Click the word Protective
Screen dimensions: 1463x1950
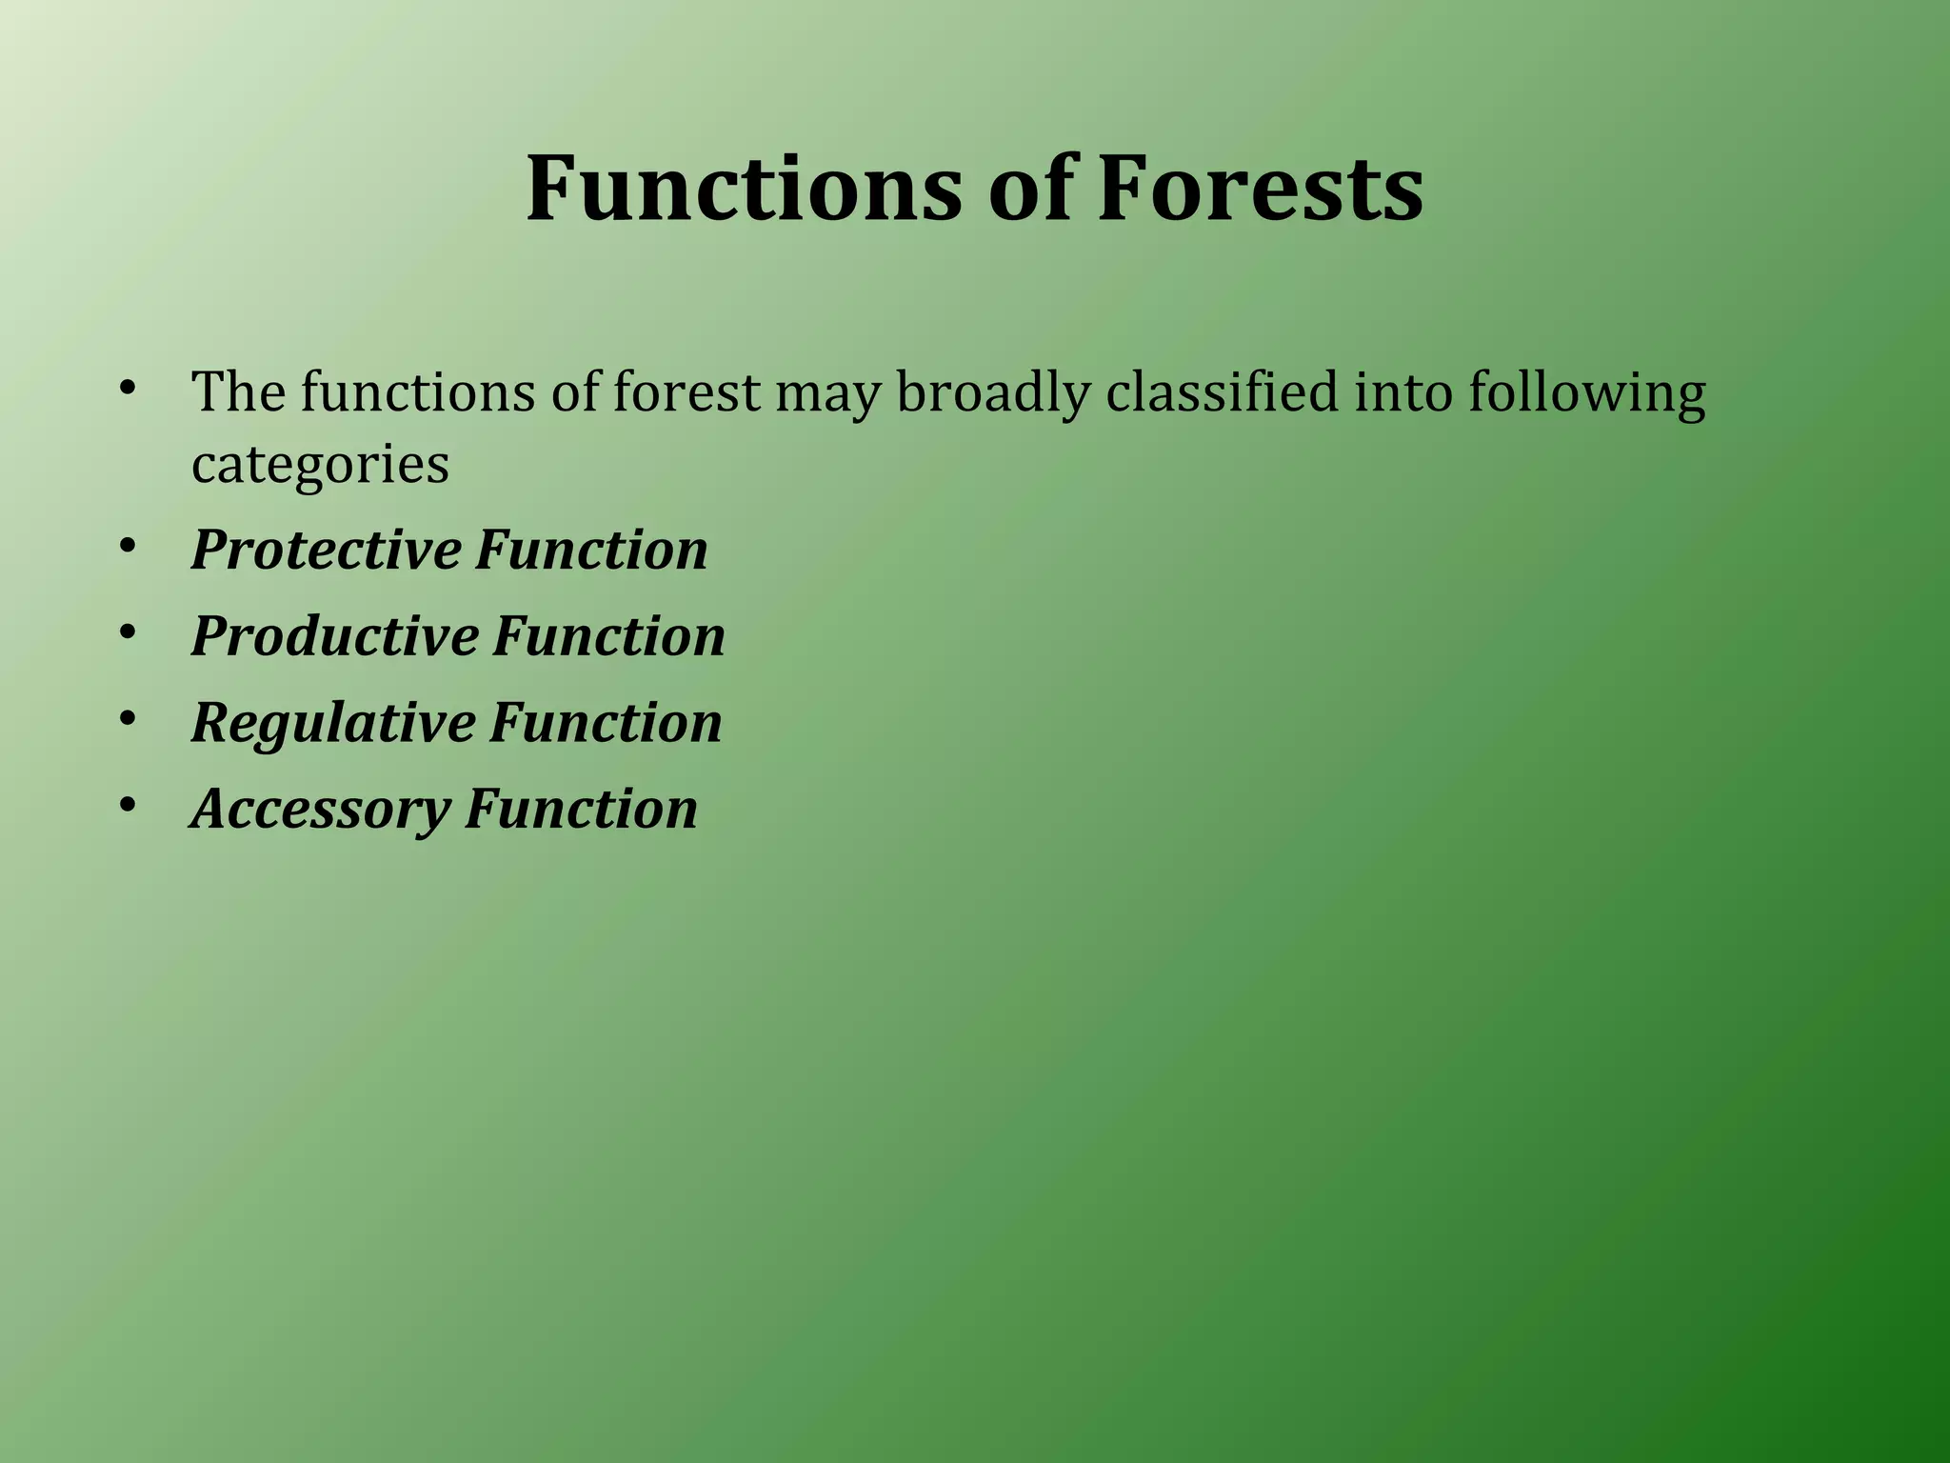point(325,550)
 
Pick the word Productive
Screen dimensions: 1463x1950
point(333,636)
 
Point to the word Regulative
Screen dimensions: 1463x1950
point(332,723)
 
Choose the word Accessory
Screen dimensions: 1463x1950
point(319,810)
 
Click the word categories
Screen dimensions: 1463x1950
point(320,465)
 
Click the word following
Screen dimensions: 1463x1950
point(1586,392)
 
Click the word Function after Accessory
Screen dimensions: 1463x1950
point(581,810)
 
